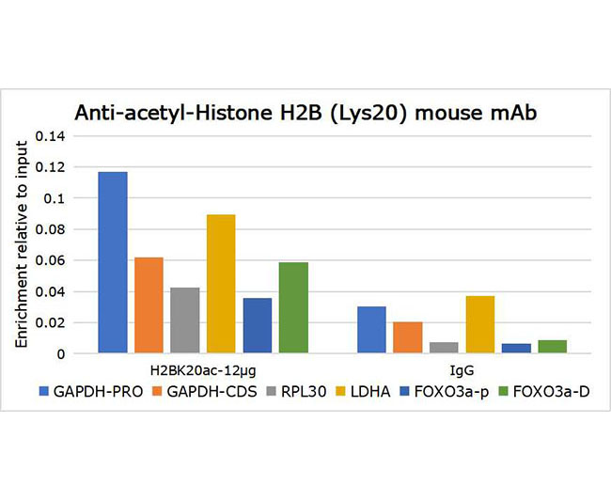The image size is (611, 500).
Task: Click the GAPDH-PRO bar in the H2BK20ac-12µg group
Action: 113,262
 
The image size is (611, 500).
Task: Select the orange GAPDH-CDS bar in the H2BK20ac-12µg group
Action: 149,305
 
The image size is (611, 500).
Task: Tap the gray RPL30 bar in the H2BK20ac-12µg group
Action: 185,320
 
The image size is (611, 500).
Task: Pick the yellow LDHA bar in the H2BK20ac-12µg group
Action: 221,284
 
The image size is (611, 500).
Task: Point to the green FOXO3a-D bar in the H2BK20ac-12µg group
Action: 293,307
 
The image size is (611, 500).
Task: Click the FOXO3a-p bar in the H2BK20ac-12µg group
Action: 258,325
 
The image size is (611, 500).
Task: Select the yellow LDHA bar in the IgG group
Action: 480,324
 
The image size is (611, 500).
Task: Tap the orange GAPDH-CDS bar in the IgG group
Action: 408,337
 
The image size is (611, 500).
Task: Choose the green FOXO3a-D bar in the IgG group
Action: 553,347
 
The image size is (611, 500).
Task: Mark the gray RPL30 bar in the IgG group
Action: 444,348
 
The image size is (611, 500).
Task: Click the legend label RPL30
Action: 304,392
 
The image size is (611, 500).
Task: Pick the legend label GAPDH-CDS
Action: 212,392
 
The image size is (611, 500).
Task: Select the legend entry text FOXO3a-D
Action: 552,392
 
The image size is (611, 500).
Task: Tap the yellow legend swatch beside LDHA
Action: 340,392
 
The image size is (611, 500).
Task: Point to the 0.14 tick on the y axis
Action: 50,136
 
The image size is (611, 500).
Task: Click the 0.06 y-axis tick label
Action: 50,260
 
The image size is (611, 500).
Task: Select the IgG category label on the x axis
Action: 462,370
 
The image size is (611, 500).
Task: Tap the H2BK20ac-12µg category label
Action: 203,370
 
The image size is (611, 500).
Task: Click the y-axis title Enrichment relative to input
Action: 22,244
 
